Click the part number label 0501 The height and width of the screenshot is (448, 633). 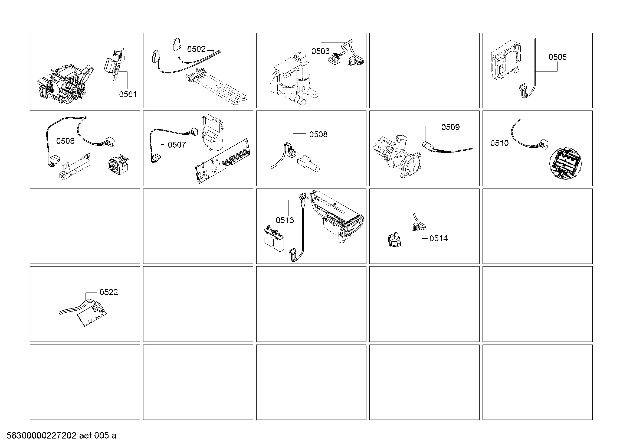(x=128, y=94)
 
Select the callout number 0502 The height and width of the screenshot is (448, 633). (x=196, y=49)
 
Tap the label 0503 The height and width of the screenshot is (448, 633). (x=320, y=51)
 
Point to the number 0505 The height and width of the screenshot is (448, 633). (x=557, y=57)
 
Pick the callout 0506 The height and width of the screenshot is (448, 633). (x=65, y=141)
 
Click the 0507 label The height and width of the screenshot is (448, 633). (x=177, y=145)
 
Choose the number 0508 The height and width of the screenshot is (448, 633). (x=318, y=134)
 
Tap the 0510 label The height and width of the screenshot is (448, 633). (x=499, y=143)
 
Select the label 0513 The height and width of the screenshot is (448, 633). (x=285, y=220)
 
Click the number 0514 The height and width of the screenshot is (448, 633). (x=438, y=238)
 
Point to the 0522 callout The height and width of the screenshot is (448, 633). (x=109, y=292)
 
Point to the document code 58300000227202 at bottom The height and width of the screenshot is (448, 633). (x=41, y=436)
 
